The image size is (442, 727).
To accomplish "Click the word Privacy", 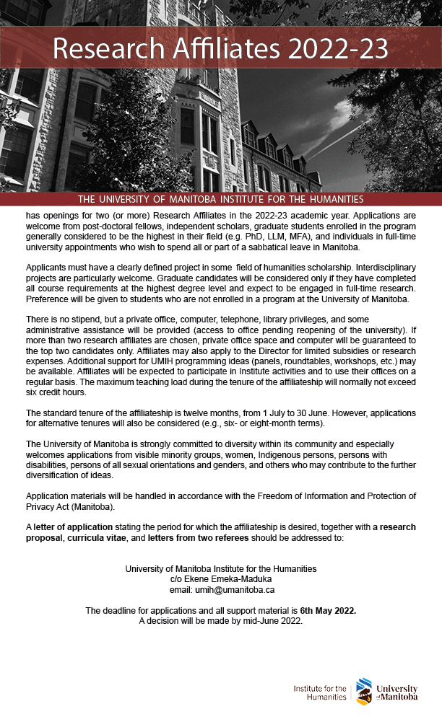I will coord(40,507).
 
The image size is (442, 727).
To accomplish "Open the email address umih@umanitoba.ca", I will coord(235,589).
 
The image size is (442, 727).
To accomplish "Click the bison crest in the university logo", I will coord(365,692).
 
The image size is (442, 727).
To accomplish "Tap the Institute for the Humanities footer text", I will coord(320,692).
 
